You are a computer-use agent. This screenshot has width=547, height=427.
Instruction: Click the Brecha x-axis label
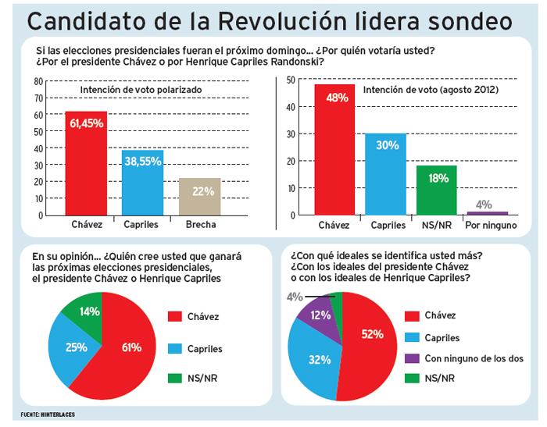199,225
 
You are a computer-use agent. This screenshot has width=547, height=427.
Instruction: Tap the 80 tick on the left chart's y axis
38,80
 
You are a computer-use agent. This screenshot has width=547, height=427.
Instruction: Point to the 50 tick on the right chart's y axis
291,80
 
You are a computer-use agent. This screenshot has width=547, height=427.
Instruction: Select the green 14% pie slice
86,311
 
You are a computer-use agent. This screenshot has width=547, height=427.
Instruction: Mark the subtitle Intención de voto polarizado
141,91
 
